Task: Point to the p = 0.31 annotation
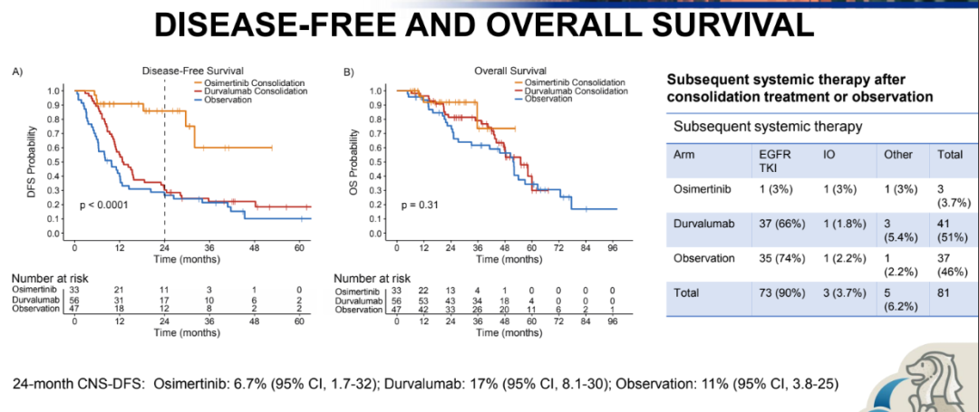pyautogui.click(x=422, y=205)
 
